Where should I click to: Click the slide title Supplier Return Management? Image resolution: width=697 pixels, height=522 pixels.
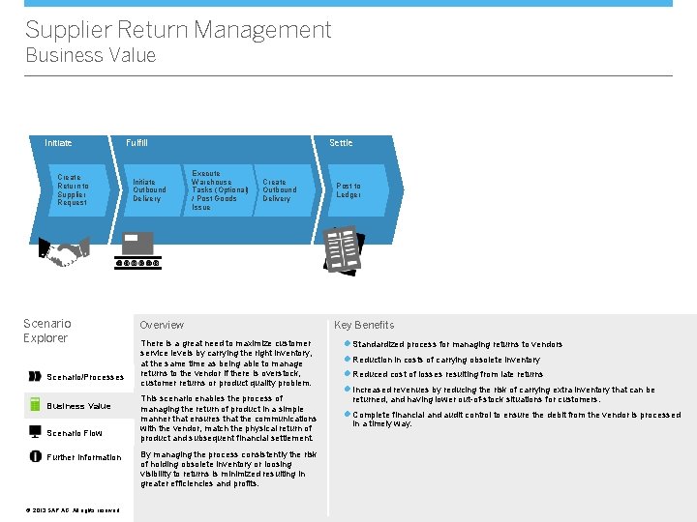(x=178, y=30)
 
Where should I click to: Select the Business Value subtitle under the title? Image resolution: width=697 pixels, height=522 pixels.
(x=90, y=55)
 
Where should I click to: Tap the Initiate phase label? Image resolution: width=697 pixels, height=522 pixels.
(x=58, y=143)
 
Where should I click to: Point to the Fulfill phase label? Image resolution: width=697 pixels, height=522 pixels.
(x=136, y=143)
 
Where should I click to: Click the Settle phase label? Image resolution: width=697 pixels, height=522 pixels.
(x=341, y=143)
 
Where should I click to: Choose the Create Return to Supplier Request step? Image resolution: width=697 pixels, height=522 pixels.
(x=72, y=189)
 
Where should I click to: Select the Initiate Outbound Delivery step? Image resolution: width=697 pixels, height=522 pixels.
(x=149, y=189)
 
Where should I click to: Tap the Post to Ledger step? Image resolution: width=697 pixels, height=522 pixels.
(x=348, y=189)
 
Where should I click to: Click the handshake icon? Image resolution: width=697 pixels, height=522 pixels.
(x=65, y=252)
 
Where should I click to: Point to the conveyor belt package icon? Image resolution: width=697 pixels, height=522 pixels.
(x=136, y=249)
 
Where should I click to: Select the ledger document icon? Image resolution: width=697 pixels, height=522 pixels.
(x=344, y=249)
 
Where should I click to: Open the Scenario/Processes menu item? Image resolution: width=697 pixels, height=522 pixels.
(x=85, y=377)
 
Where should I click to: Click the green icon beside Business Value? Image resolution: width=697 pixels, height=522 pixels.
(x=34, y=405)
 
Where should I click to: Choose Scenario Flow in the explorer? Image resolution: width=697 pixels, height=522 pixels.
(x=74, y=433)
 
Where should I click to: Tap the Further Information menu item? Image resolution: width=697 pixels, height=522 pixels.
(x=84, y=457)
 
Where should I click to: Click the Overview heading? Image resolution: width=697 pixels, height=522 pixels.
(x=162, y=325)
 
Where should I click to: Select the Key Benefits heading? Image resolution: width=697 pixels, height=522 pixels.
(x=364, y=325)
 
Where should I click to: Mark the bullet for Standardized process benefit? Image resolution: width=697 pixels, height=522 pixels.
(x=347, y=344)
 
